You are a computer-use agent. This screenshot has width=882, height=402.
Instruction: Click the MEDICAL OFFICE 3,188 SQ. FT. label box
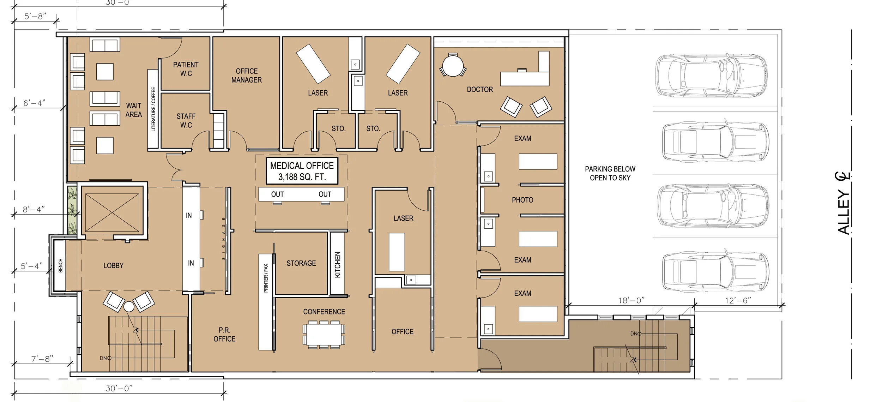pyautogui.click(x=302, y=171)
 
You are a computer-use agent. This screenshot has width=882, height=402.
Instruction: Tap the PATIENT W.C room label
pyautogui.click(x=186, y=69)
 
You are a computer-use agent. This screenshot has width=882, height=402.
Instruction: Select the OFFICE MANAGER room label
pyautogui.click(x=247, y=76)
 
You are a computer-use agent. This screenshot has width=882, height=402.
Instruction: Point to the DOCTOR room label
pyautogui.click(x=480, y=90)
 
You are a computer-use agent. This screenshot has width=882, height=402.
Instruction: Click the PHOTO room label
pyautogui.click(x=522, y=200)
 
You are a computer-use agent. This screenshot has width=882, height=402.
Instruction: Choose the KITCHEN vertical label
pyautogui.click(x=338, y=265)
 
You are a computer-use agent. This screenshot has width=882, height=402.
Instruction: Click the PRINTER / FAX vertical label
pyautogui.click(x=266, y=278)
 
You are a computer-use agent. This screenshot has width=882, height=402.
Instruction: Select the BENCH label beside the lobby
pyautogui.click(x=60, y=265)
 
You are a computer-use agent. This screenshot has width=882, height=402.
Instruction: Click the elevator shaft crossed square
pyautogui.click(x=112, y=212)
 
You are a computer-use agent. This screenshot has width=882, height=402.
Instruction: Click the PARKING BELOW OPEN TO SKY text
pyautogui.click(x=610, y=173)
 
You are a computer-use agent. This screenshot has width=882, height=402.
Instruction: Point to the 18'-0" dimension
pyautogui.click(x=631, y=300)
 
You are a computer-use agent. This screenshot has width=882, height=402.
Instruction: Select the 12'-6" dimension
pyautogui.click(x=738, y=300)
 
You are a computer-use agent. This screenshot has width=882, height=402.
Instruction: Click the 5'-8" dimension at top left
pyautogui.click(x=35, y=16)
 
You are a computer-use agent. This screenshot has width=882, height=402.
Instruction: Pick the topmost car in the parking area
pyautogui.click(x=711, y=76)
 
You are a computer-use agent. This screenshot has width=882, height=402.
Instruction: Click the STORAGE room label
pyautogui.click(x=301, y=263)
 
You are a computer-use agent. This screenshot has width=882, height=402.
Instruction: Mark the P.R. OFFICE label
pyautogui.click(x=224, y=335)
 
